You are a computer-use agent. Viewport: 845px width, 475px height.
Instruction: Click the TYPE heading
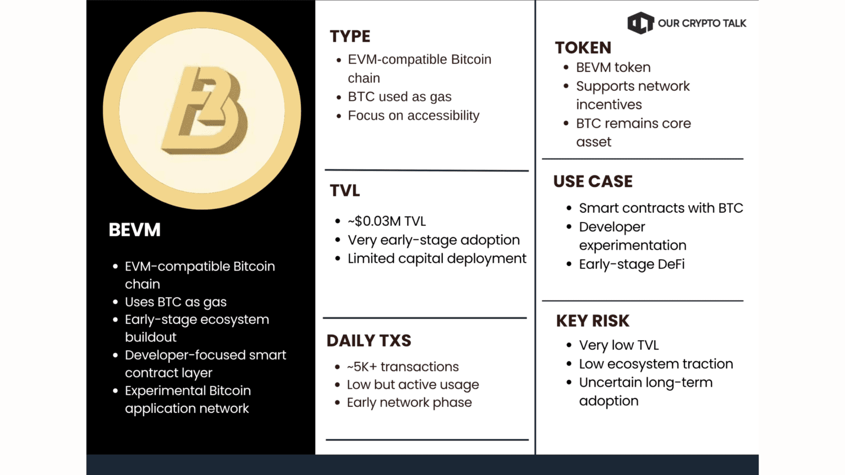point(350,36)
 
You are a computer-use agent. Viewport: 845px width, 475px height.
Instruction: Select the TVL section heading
point(345,190)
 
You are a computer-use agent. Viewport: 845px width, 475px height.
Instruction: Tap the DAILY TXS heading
point(369,340)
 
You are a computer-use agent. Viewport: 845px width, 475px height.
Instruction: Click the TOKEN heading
point(583,48)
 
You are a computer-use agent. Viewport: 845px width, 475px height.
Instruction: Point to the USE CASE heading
point(592,181)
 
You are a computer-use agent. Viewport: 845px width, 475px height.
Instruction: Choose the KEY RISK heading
point(592,321)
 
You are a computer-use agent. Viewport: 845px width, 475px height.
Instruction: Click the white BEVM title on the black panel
point(135,230)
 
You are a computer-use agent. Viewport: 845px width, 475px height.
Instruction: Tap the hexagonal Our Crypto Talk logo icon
point(640,23)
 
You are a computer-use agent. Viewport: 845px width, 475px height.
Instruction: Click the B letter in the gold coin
point(205,111)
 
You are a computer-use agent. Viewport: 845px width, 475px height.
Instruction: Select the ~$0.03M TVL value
point(387,222)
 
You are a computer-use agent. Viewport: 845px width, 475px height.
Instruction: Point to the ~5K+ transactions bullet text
point(403,367)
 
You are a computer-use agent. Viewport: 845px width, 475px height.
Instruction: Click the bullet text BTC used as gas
point(399,97)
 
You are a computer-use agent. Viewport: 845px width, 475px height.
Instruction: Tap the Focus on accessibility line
point(414,115)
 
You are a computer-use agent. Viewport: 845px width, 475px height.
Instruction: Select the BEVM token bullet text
point(613,68)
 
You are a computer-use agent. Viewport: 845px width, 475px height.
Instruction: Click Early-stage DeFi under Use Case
point(632,264)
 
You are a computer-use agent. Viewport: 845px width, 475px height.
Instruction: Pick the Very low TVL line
point(619,345)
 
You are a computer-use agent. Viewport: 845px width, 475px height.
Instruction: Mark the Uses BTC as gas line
point(176,302)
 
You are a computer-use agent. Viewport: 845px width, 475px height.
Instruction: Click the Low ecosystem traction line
point(656,364)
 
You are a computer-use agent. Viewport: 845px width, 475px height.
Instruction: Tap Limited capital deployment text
point(437,258)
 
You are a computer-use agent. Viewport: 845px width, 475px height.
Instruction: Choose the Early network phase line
point(409,402)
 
